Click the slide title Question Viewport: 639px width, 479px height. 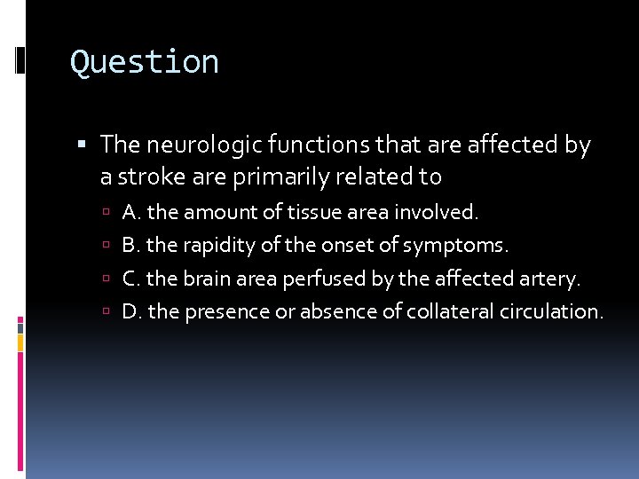point(145,62)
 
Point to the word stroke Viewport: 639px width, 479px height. point(147,177)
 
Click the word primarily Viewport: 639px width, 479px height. point(278,177)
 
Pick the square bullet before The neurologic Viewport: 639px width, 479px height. point(84,145)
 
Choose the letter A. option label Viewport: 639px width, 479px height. point(132,212)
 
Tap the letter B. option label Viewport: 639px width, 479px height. point(132,245)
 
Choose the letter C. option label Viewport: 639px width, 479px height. point(132,279)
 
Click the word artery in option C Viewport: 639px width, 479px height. point(551,279)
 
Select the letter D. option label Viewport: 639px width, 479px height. point(133,311)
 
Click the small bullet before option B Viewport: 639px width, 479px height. point(106,246)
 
